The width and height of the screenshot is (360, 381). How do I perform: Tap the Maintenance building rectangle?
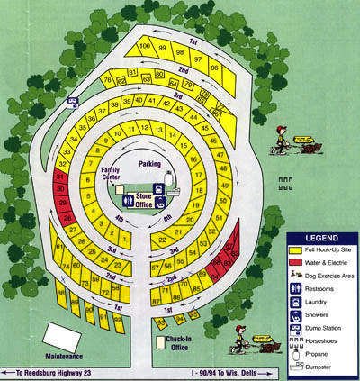click(x=67, y=339)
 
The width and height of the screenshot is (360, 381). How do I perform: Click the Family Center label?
click(x=113, y=173)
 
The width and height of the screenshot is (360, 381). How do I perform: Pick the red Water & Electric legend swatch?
click(x=298, y=262)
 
